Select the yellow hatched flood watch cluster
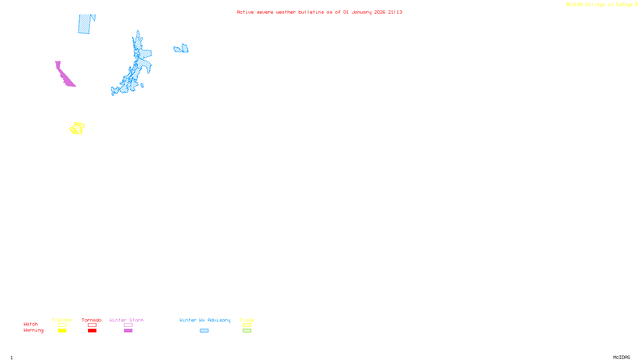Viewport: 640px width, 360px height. pos(77,128)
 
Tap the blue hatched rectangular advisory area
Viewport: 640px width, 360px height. pos(84,24)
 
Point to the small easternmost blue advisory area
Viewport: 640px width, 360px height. pos(182,49)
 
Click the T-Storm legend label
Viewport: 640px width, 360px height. pos(62,320)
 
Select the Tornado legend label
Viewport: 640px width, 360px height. pos(92,320)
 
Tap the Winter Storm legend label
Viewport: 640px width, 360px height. pos(126,320)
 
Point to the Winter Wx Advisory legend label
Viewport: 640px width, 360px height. pos(205,320)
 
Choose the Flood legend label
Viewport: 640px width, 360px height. pos(247,320)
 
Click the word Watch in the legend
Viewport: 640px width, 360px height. pos(31,324)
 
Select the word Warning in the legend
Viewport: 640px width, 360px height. pos(33,330)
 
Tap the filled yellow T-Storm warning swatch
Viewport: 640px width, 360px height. pos(62,331)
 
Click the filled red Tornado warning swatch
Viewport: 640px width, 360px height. pos(92,331)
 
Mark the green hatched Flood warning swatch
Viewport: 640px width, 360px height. pos(247,331)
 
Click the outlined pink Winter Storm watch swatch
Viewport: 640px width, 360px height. pos(128,325)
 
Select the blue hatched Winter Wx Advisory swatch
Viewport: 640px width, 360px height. pos(204,331)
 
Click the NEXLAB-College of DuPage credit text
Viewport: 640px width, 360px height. pos(600,5)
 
